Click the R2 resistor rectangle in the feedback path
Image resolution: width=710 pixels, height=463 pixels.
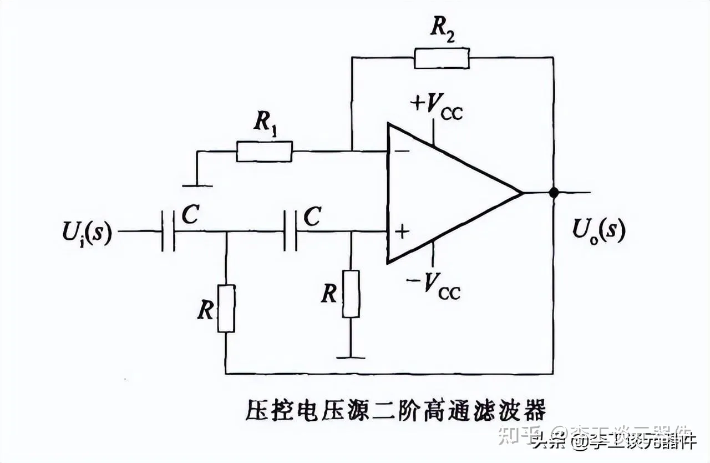click(442, 58)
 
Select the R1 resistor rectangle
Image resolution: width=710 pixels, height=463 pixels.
click(264, 151)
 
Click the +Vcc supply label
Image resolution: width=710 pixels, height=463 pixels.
click(435, 105)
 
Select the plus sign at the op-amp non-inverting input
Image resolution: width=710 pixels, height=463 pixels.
click(402, 231)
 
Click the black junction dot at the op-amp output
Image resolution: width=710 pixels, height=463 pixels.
click(553, 193)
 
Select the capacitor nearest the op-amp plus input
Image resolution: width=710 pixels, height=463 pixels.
click(290, 231)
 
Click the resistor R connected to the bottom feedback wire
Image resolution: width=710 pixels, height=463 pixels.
click(226, 308)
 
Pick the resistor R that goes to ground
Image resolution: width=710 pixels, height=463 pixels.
click(351, 294)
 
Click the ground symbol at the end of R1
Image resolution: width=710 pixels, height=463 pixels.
click(197, 185)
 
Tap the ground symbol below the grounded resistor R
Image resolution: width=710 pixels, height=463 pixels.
click(351, 358)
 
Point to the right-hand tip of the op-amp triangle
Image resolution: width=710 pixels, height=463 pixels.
click(521, 193)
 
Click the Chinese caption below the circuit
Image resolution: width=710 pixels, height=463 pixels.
click(396, 411)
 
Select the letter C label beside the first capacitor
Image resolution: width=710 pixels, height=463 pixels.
click(190, 217)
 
